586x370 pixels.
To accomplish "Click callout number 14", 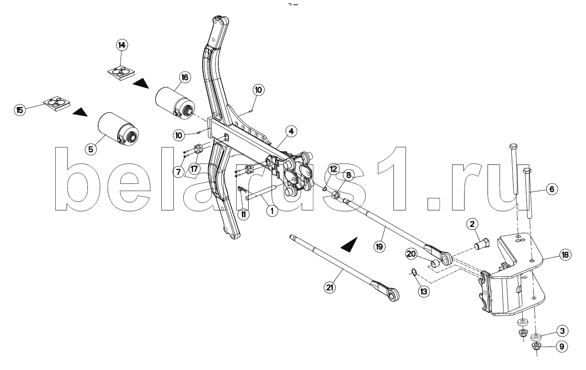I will (x=121, y=45).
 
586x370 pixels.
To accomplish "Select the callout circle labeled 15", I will (x=19, y=110).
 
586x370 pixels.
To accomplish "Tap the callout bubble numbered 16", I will (x=184, y=77).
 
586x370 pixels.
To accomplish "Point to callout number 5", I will (x=91, y=149).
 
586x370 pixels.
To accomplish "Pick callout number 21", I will (x=329, y=287).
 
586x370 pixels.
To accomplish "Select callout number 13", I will (x=424, y=291).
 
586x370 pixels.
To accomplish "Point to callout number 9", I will (x=561, y=347).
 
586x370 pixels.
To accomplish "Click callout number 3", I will (x=561, y=331).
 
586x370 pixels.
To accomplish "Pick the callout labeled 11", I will (x=243, y=214).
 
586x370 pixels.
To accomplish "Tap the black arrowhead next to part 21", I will (x=350, y=244).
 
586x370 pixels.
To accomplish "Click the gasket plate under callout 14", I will (x=121, y=71).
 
